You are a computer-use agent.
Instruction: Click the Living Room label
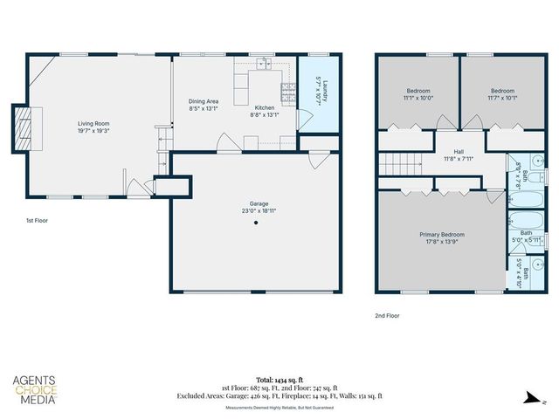(92, 124)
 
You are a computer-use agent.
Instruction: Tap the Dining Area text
(204, 101)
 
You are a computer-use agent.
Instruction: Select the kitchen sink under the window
(265, 65)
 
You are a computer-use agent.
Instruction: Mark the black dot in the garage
(257, 223)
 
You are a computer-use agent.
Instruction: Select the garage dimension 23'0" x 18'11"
(256, 209)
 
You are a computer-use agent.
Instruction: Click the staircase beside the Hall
(397, 161)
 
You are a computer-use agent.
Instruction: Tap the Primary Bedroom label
(440, 234)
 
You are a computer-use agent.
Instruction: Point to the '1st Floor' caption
(36, 221)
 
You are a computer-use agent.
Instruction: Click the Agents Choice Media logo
(35, 390)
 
